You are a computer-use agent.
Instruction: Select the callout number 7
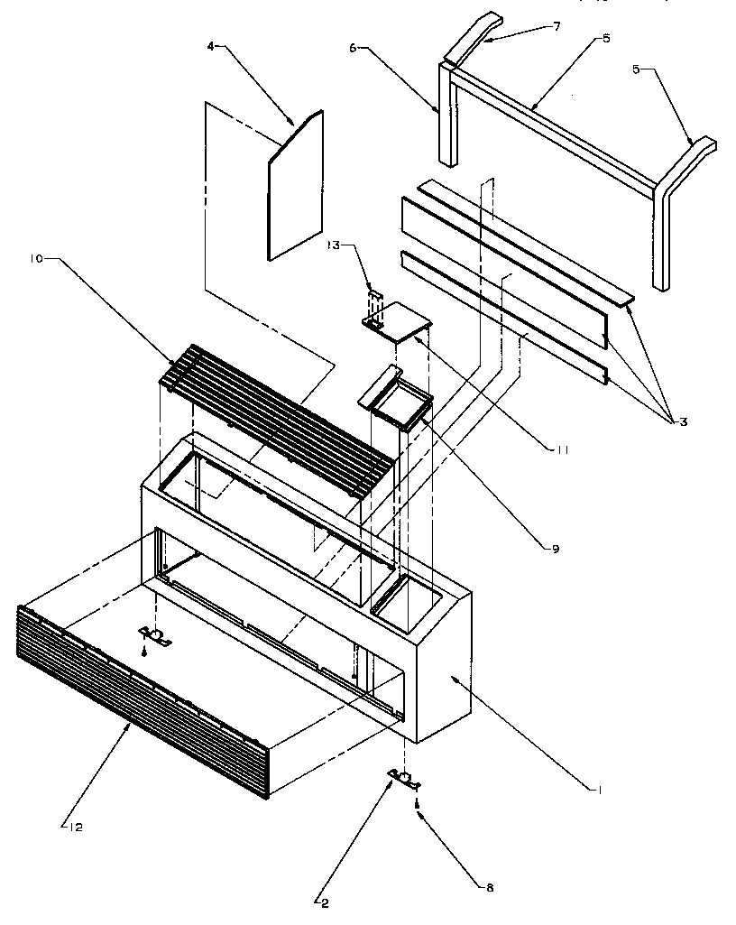[557, 27]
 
